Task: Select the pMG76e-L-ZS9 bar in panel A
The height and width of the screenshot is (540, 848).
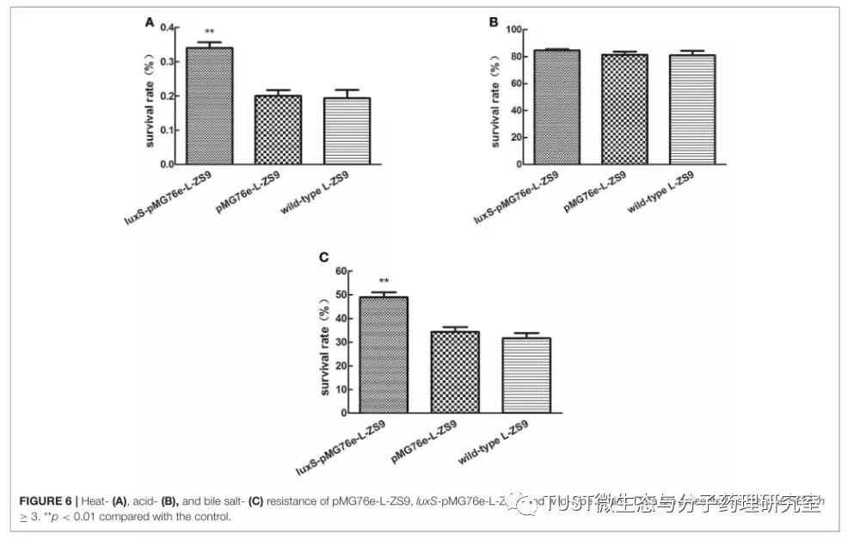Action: point(278,130)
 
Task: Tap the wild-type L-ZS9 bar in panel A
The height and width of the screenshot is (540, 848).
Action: point(346,131)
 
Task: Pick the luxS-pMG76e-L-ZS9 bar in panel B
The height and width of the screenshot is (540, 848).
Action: point(556,107)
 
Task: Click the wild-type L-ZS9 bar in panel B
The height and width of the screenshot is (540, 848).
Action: point(692,109)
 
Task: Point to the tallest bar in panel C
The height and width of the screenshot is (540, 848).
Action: point(384,354)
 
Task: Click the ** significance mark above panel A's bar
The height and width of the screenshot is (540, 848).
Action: point(209,33)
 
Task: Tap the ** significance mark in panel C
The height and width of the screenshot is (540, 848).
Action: point(384,281)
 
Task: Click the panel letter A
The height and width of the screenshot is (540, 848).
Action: point(149,23)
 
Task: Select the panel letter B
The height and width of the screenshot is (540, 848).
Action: point(494,23)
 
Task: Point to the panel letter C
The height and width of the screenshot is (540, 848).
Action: point(323,257)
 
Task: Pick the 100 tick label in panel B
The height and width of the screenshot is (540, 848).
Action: point(514,29)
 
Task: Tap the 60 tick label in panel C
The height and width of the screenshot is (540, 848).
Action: point(342,272)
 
